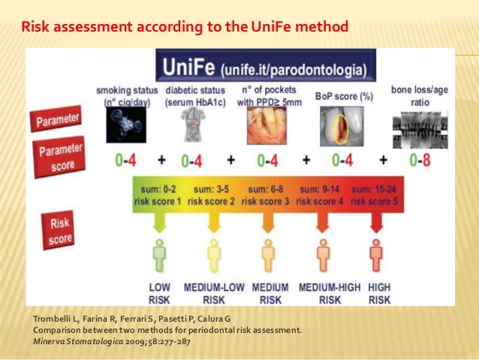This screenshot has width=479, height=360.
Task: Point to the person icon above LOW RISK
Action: [158, 256]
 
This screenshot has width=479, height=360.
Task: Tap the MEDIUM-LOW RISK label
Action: [214, 293]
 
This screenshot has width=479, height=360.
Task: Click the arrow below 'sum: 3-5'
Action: [214, 222]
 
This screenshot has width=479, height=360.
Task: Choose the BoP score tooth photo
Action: [334, 125]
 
